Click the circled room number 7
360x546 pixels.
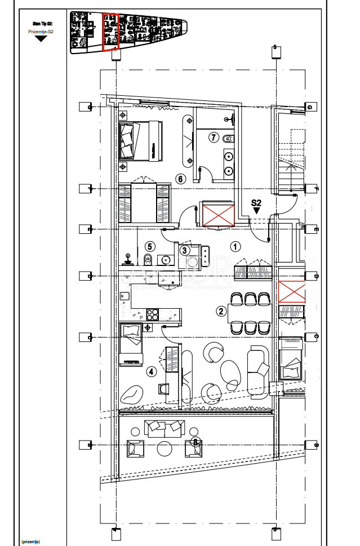[x=213, y=137]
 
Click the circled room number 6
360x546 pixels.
[x=180, y=179]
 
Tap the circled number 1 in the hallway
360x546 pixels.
[x=235, y=246]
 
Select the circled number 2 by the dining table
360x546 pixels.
[x=221, y=310]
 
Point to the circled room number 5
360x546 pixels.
[x=149, y=246]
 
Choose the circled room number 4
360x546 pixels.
[x=151, y=371]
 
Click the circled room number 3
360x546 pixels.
[x=184, y=250]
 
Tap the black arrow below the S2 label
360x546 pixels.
[x=256, y=211]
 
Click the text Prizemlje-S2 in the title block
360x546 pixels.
[x=41, y=32]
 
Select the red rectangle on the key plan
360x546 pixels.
[x=110, y=32]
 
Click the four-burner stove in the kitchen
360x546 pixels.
[x=153, y=314]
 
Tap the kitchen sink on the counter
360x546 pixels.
[x=125, y=296]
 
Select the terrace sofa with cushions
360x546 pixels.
[x=164, y=428]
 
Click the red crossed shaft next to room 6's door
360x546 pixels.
[x=218, y=215]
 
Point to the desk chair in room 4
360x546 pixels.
[x=163, y=388]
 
